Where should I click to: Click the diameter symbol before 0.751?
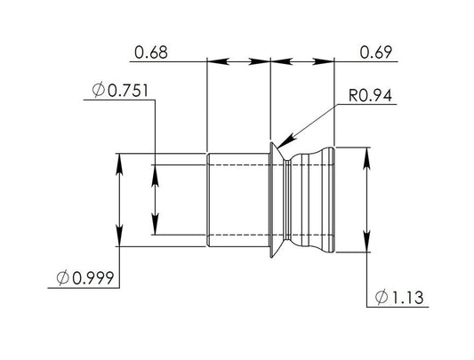click(98, 91)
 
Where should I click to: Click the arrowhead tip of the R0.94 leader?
click(275, 147)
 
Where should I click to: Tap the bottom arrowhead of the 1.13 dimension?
click(366, 252)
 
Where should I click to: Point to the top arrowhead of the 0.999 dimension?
click(120, 155)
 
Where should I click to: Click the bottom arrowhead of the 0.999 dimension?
click(120, 244)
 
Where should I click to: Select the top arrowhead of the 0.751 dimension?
click(155, 168)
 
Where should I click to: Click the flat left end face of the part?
click(207, 200)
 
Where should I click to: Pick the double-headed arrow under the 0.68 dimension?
click(237, 61)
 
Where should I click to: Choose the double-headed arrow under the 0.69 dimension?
click(301, 61)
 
